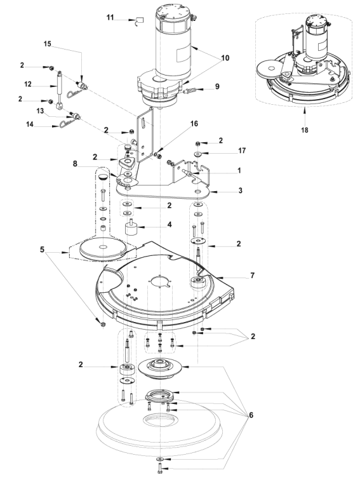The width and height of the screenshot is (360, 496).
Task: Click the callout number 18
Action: [x=304, y=130]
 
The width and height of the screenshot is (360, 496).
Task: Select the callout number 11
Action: [x=110, y=17]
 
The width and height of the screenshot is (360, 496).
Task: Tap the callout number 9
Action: [x=217, y=86]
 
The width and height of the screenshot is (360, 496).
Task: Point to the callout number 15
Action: [x=47, y=44]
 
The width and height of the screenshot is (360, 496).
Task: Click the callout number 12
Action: [x=28, y=84]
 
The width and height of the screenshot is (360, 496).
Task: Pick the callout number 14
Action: [x=29, y=124]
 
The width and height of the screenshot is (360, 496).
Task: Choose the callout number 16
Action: [x=194, y=123]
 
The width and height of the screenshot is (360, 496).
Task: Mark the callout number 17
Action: [x=242, y=151]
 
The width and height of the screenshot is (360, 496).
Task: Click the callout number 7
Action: [x=252, y=276]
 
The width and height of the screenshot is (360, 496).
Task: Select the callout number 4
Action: [x=170, y=225]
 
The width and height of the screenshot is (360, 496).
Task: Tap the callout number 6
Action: [x=251, y=415]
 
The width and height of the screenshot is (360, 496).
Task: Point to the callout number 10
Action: [x=225, y=58]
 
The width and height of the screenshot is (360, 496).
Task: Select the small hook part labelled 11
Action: [x=139, y=21]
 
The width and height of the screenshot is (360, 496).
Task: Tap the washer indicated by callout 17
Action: [x=199, y=154]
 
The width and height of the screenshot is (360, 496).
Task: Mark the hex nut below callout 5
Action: [x=102, y=325]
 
